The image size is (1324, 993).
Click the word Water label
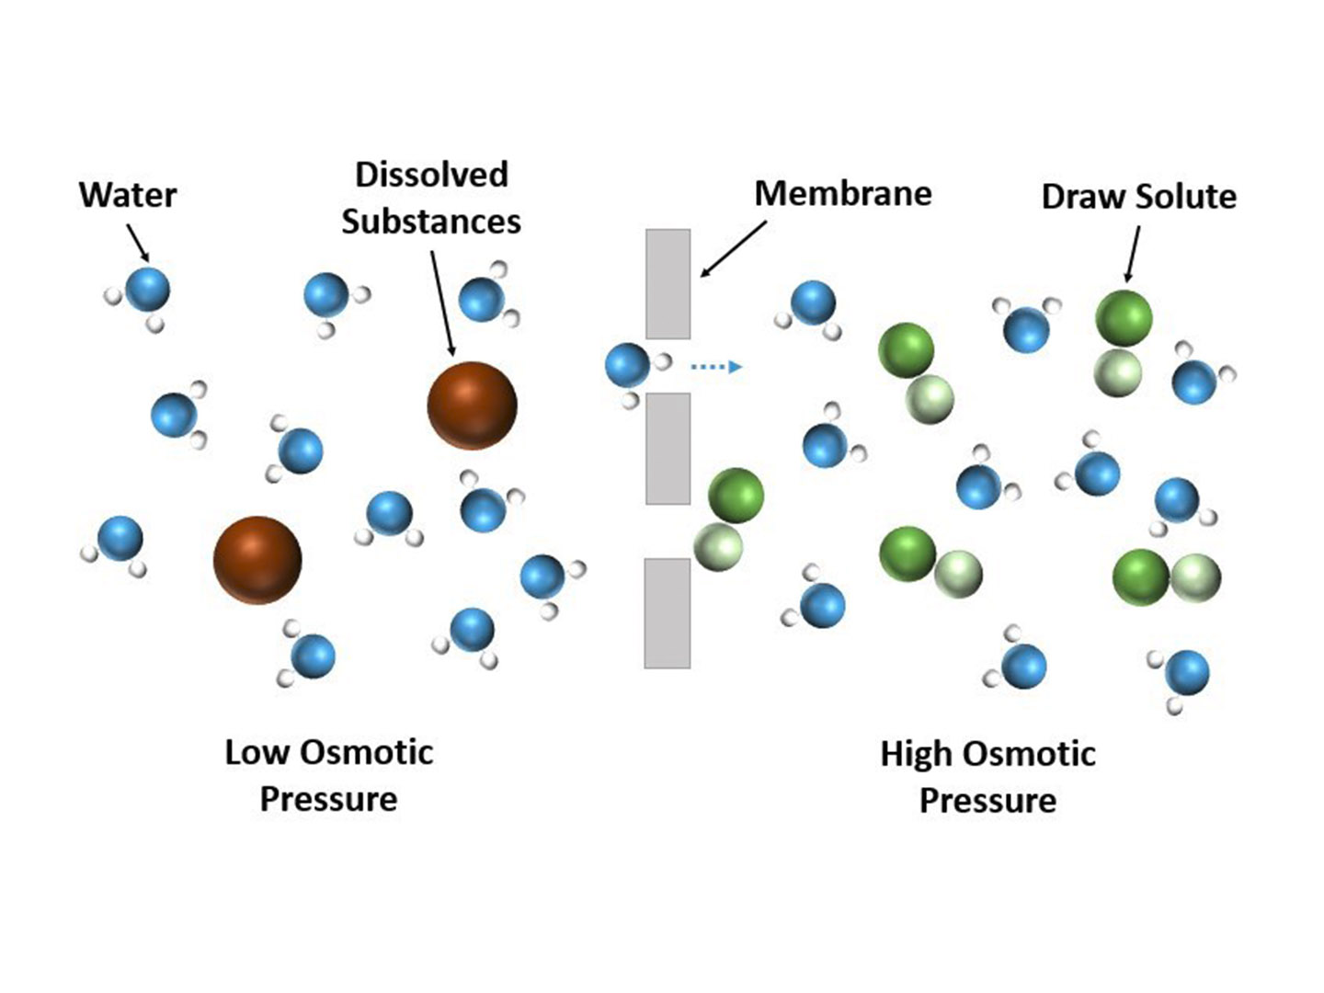(x=128, y=195)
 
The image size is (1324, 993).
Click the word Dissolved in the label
(x=431, y=175)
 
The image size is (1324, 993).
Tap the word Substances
(x=431, y=222)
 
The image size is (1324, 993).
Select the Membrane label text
(x=842, y=193)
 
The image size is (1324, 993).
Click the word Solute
(x=1186, y=197)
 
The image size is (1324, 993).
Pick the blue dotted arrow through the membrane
(x=716, y=367)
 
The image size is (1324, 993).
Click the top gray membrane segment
(x=668, y=283)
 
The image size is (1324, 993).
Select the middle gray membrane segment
(x=668, y=448)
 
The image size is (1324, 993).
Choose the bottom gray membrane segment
(x=667, y=612)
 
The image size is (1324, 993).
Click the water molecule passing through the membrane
(x=628, y=366)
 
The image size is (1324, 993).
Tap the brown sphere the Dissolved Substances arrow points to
(x=472, y=405)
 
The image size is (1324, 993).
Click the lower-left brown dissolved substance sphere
(x=257, y=560)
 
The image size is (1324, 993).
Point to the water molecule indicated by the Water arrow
(x=147, y=289)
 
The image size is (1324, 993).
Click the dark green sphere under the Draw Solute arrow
(x=1124, y=317)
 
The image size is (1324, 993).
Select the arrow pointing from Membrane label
(x=733, y=248)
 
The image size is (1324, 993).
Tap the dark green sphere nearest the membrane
(x=736, y=495)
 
